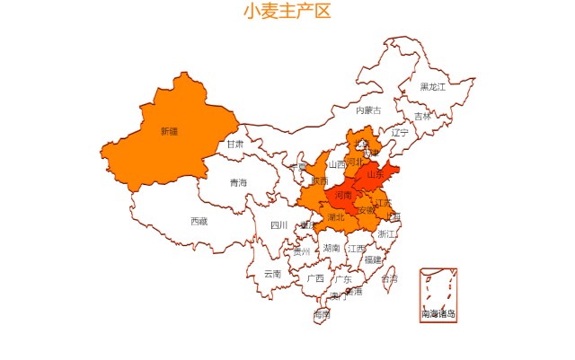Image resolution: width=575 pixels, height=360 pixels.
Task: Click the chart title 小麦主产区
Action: tap(287, 12)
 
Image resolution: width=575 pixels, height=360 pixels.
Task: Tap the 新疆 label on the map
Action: tap(169, 131)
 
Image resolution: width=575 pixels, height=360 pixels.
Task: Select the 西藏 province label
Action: tap(199, 221)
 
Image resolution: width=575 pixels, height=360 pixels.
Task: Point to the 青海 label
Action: tap(237, 183)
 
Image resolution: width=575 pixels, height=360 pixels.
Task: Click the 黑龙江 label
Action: tap(432, 87)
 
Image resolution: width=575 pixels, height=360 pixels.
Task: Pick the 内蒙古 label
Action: tap(368, 110)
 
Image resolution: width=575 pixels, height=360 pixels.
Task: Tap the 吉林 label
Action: tap(422, 117)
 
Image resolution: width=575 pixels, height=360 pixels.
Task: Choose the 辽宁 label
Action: tap(400, 133)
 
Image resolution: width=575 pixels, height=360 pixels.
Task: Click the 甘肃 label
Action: tap(235, 144)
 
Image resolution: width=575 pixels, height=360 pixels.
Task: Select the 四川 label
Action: tap(279, 225)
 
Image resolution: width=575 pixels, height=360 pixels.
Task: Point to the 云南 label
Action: tap(272, 274)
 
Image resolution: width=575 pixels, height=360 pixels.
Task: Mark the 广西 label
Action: tap(314, 278)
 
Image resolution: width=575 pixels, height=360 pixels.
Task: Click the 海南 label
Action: tap(322, 315)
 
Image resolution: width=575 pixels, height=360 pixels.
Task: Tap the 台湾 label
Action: tap(389, 279)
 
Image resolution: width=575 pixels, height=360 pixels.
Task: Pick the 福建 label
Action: tap(372, 259)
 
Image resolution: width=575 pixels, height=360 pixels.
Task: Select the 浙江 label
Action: tap(386, 233)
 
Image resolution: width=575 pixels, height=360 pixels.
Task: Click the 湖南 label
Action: tap(332, 248)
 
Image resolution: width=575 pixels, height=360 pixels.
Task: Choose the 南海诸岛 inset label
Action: tap(438, 314)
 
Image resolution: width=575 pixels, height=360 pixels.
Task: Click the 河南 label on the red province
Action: tap(343, 195)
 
